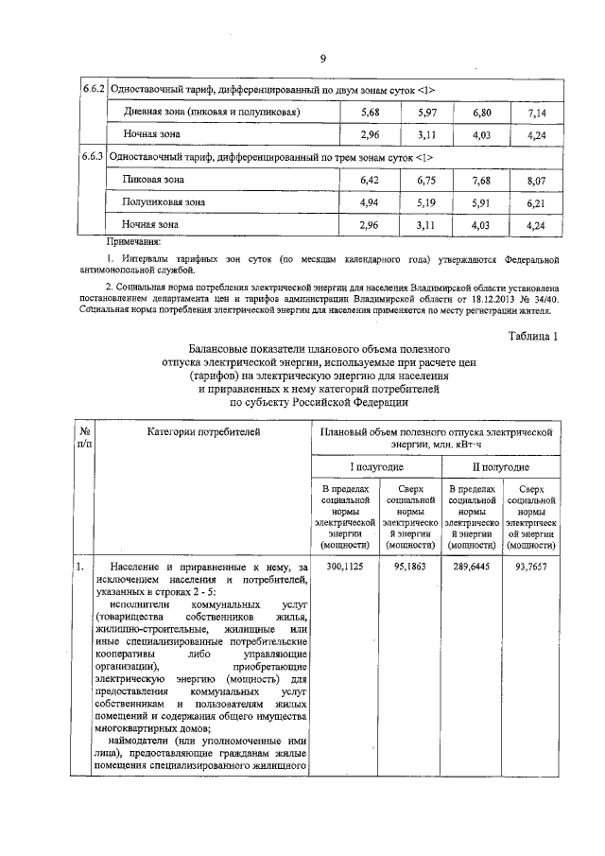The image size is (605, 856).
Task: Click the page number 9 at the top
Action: pos(322,59)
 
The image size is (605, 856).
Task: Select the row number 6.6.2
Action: pos(92,89)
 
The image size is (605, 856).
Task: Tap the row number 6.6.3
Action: pos(92,155)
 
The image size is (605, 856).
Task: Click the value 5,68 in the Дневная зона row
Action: pos(371,113)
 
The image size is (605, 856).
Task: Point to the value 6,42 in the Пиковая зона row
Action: pos(371,179)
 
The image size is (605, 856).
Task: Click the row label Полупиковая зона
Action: pos(164,202)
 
